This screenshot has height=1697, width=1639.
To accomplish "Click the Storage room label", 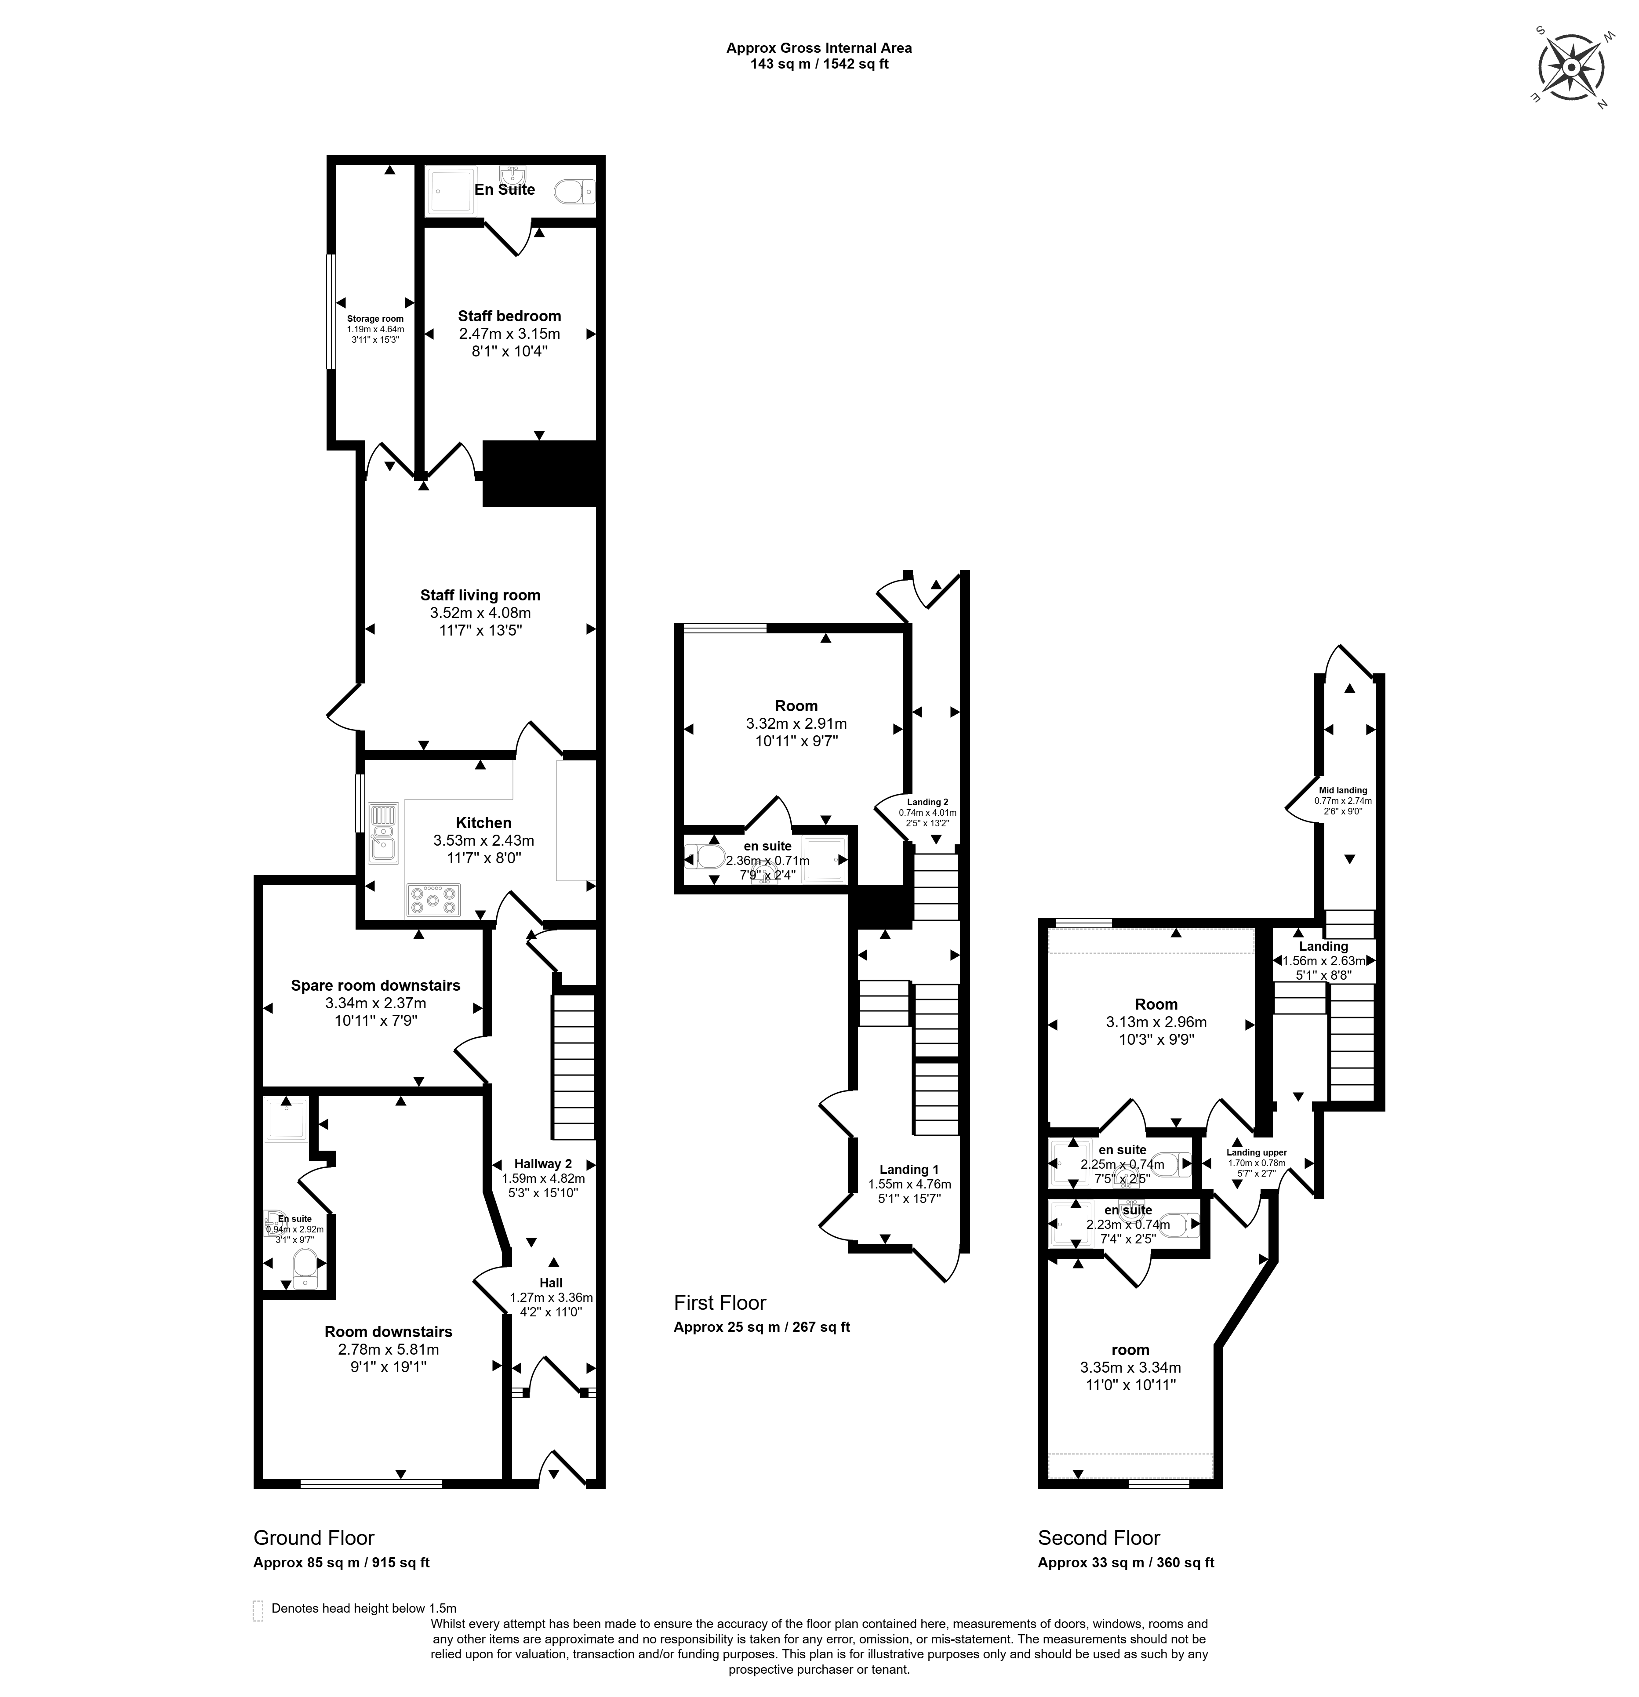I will pos(375,319).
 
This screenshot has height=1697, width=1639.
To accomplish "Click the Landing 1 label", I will pos(909,1170).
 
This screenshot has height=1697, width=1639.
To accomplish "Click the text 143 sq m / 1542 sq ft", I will pos(818,64).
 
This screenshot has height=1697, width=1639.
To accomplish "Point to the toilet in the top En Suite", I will pos(573,190).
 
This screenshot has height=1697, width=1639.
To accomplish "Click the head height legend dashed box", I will pos(257,1610).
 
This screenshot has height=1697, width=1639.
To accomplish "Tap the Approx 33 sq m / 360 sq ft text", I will pos(1126,1563).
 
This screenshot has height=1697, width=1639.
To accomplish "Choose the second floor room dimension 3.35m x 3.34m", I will pos(1130,1368).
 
